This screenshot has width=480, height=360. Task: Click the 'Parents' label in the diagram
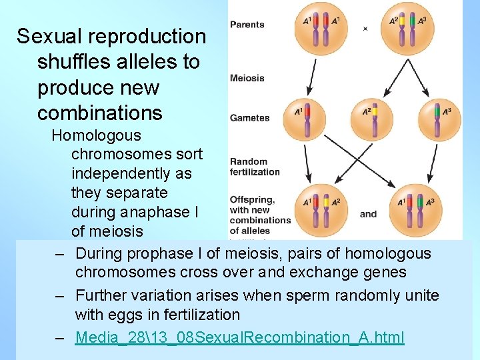[x=247, y=25]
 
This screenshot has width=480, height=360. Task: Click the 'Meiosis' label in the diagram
[x=247, y=78]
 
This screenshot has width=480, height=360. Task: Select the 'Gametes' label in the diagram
[x=249, y=118]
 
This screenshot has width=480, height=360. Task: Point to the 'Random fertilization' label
[x=254, y=166]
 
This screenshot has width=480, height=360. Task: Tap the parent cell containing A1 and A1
[x=322, y=29]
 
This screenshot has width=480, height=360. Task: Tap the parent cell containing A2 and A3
[x=408, y=29]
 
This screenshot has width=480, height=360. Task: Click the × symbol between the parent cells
[x=365, y=29]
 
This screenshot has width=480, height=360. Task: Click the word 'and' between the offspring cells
[x=368, y=214]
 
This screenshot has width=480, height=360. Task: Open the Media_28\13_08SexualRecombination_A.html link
[x=239, y=337]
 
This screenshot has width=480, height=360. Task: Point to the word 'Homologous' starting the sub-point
[x=96, y=135]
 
